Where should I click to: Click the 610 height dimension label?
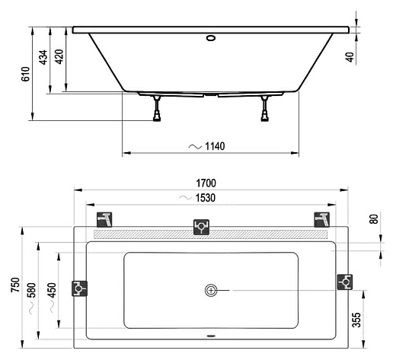coord(26,74)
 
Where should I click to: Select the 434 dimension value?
coord(43,57)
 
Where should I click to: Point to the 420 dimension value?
coord(59,56)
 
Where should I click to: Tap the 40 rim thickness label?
coord(350,57)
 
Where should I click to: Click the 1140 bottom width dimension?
coord(215,146)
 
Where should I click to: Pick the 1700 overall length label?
coord(206,183)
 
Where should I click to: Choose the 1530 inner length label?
coord(206,198)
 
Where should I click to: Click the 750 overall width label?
coord(15,285)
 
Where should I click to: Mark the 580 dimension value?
coord(31,290)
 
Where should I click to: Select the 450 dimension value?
coord(52,290)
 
